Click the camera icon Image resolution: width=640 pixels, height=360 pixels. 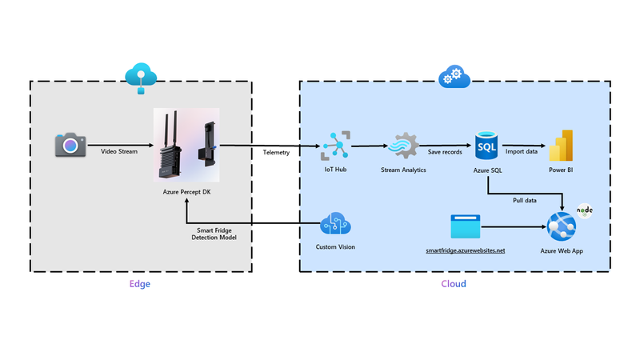(70, 145)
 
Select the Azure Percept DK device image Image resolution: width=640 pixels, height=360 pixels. (186, 146)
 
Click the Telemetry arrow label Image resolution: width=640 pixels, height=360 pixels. (276, 152)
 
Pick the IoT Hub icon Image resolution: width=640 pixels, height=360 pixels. (334, 146)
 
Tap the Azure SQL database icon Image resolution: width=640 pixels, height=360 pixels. (486, 145)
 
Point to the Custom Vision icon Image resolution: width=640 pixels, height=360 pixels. (335, 224)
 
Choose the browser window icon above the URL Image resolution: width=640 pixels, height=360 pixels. (467, 226)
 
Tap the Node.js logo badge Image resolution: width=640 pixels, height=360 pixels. (585, 212)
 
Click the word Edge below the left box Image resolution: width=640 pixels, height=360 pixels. (140, 284)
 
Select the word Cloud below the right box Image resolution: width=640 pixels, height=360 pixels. (454, 284)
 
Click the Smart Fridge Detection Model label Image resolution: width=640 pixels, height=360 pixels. (214, 233)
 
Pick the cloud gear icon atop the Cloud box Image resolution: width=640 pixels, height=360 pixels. (454, 77)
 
